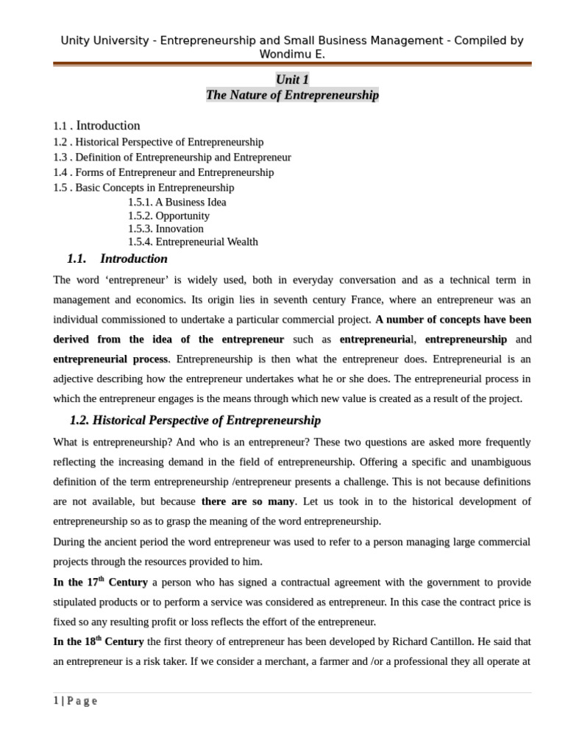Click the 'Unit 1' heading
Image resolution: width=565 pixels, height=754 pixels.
click(292, 79)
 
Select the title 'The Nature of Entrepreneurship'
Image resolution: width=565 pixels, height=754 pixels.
click(292, 95)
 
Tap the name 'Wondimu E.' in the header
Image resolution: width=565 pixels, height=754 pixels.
click(292, 54)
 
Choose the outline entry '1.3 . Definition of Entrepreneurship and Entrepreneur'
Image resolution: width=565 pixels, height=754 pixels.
click(172, 158)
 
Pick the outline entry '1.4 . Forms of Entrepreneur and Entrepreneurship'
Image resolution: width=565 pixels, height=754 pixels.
click(163, 172)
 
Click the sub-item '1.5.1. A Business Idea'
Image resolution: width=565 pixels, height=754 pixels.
click(177, 202)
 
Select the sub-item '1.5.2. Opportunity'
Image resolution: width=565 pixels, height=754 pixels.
click(168, 216)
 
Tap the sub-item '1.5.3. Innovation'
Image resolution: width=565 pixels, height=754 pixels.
click(166, 228)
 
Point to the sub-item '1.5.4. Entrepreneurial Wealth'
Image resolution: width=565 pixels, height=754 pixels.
click(193, 242)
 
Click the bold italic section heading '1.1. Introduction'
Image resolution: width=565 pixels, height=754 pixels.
click(117, 258)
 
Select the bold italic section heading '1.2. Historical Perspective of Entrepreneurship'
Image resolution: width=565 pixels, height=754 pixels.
click(195, 420)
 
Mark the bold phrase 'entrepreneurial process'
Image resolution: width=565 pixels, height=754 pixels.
click(111, 359)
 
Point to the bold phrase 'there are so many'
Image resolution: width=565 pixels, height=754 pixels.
click(248, 501)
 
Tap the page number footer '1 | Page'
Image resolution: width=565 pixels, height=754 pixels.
click(75, 701)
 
